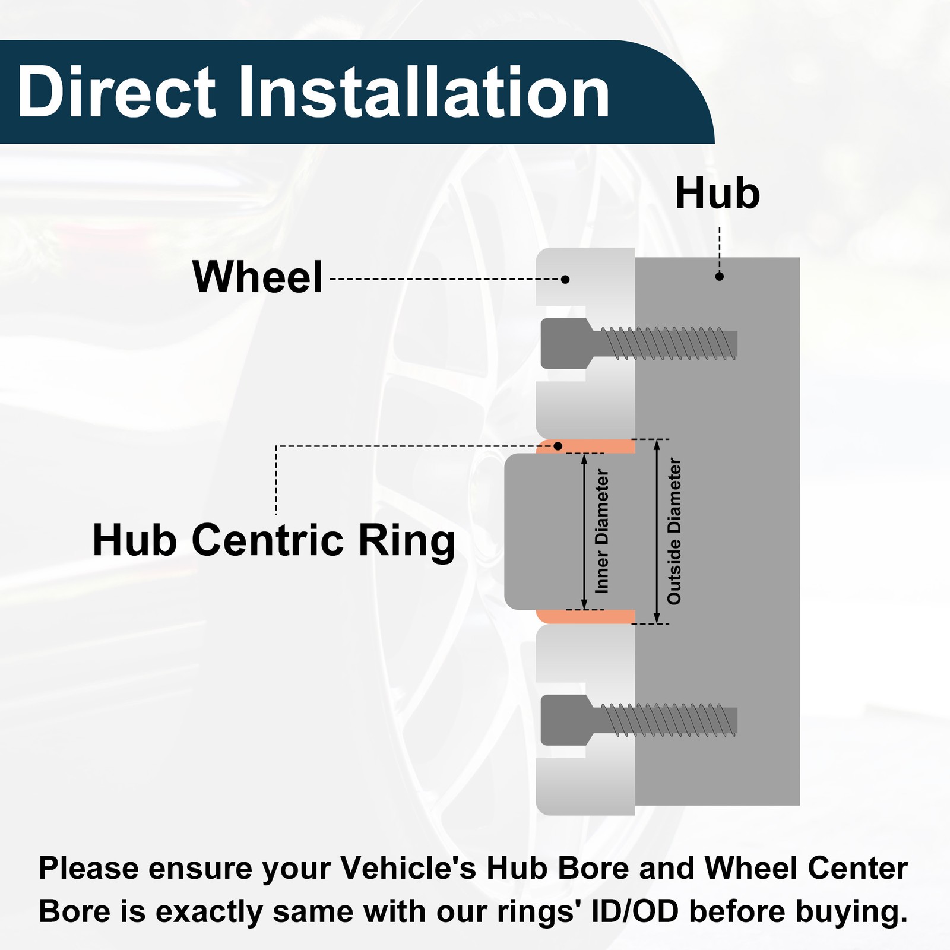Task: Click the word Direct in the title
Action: pyautogui.click(x=116, y=92)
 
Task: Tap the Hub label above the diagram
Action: pyautogui.click(x=718, y=194)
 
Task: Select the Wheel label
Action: pyautogui.click(x=258, y=277)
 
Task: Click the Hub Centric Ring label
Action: pyautogui.click(x=274, y=541)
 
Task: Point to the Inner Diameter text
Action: pyautogui.click(x=602, y=531)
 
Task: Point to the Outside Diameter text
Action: pyautogui.click(x=674, y=531)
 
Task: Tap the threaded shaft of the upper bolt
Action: pyautogui.click(x=665, y=344)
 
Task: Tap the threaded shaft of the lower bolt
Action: pyautogui.click(x=665, y=720)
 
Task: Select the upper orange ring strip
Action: pyautogui.click(x=585, y=447)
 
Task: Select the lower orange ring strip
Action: pyautogui.click(x=585, y=616)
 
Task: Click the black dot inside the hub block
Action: pyautogui.click(x=720, y=276)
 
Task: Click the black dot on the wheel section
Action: pyautogui.click(x=566, y=279)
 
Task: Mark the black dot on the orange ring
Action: pyautogui.click(x=558, y=446)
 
